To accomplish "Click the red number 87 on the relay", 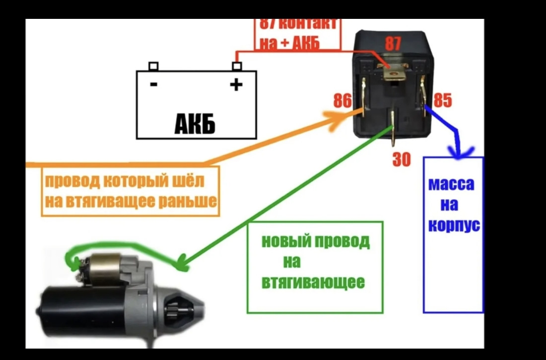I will [393, 44].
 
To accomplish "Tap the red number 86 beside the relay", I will [342, 101].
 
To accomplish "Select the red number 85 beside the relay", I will [442, 101].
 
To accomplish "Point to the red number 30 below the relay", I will [402, 159].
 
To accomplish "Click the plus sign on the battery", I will [237, 85].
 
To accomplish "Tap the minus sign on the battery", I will [154, 84].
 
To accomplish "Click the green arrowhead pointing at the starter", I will [181, 262].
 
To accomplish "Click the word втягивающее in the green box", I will [313, 283].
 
